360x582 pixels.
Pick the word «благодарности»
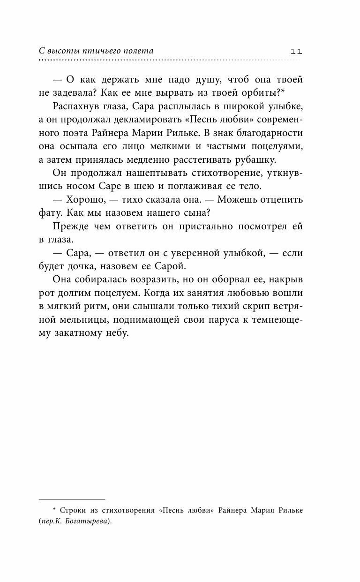click(270, 134)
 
